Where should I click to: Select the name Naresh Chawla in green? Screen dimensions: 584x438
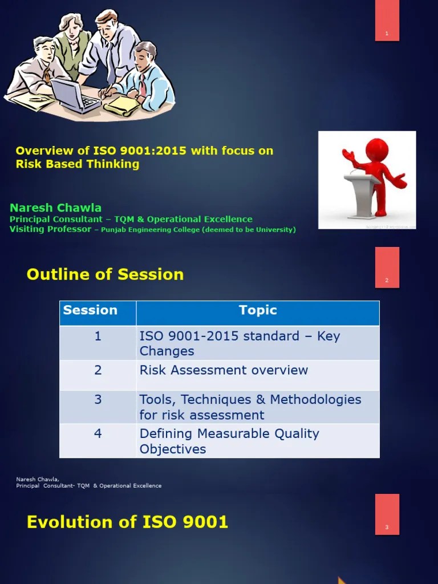pos(55,208)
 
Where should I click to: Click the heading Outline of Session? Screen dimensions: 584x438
pos(105,274)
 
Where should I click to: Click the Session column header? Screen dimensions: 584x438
pos(90,311)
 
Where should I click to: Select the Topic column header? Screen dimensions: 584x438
pos(258,311)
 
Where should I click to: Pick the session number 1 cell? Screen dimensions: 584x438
pos(98,336)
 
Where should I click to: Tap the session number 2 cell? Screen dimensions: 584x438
pos(98,370)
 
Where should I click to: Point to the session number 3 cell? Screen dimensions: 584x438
pos(98,400)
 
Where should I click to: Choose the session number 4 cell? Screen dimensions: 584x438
pos(98,434)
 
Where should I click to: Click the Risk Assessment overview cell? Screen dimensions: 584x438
pos(224,370)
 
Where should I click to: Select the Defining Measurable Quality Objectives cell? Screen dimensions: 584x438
pos(229,441)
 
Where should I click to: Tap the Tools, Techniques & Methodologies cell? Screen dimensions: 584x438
pos(250,407)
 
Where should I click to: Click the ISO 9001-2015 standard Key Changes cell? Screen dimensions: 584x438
pos(240,343)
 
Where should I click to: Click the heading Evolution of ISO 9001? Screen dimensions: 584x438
pos(127,522)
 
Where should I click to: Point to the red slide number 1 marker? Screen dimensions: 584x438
pos(387,21)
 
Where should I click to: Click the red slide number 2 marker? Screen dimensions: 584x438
pos(387,267)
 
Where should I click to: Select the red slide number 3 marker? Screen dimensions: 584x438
pos(387,514)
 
